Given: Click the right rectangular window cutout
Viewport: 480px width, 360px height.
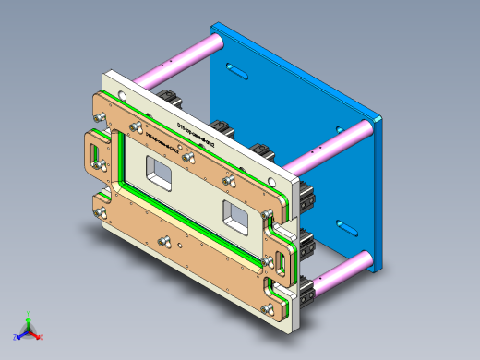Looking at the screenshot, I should tap(235, 215).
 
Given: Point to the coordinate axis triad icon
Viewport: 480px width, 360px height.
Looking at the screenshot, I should tap(28, 329).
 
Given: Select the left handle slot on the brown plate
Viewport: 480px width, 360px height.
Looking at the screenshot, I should tap(94, 153).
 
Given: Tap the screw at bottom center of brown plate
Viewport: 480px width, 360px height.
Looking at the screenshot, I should tap(167, 244).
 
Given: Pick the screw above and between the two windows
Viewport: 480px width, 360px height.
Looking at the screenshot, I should tap(189, 158).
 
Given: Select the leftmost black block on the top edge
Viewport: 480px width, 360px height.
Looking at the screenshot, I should tap(169, 96).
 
